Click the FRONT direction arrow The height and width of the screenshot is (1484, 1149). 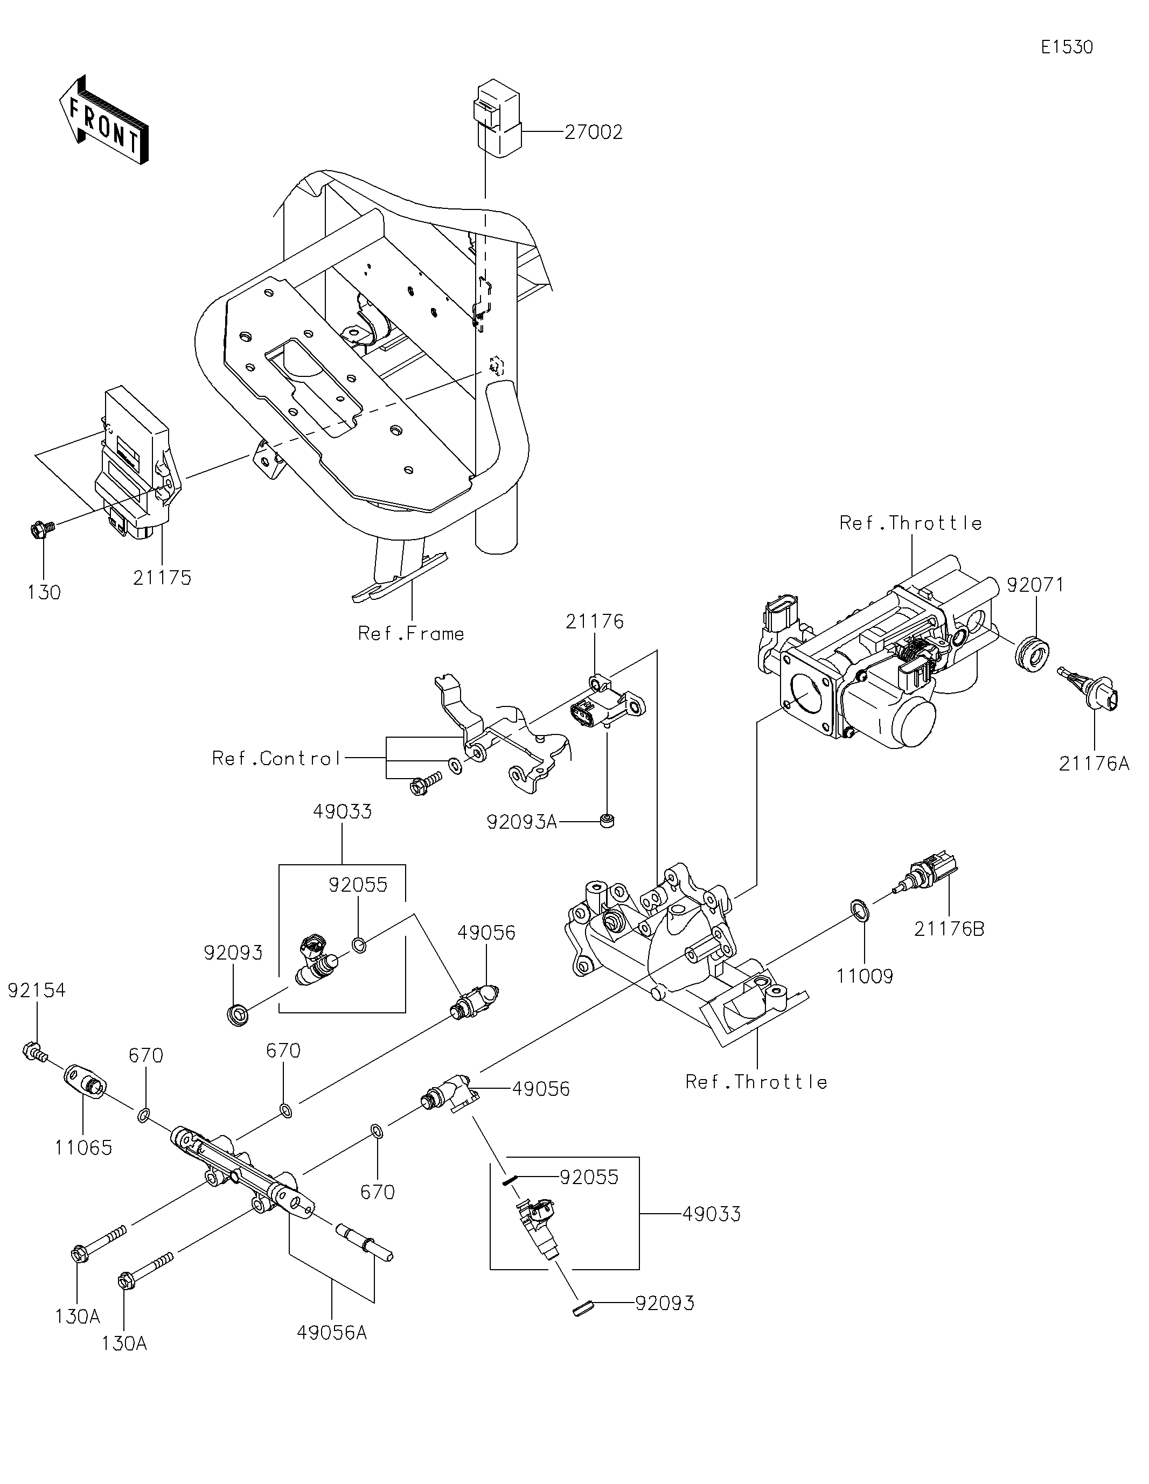pyautogui.click(x=103, y=120)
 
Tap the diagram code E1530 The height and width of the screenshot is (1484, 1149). pyautogui.click(x=1067, y=47)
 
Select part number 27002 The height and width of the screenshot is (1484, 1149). pyautogui.click(x=593, y=132)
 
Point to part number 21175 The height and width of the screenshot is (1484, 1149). pyautogui.click(x=162, y=578)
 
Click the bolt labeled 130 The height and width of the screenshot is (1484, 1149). pyautogui.click(x=39, y=529)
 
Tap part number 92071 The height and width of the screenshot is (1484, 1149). pyautogui.click(x=1035, y=584)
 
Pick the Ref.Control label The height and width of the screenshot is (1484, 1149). pyautogui.click(x=276, y=758)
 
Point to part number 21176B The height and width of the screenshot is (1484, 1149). pyautogui.click(x=949, y=929)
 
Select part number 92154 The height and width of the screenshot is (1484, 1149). pyautogui.click(x=37, y=990)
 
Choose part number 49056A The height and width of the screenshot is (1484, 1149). pyautogui.click(x=331, y=1333)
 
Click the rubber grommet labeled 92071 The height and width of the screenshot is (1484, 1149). pyautogui.click(x=1032, y=654)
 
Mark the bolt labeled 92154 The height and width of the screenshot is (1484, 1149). pyautogui.click(x=33, y=1053)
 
